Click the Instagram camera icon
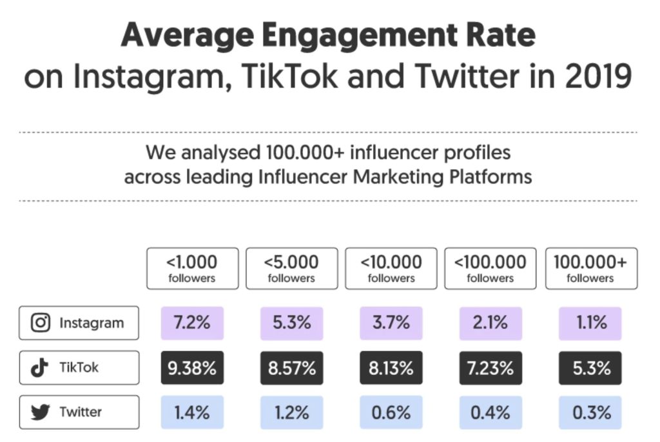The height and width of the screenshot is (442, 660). click(41, 323)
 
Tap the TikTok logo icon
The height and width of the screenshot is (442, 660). click(41, 368)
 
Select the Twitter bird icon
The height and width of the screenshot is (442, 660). click(41, 412)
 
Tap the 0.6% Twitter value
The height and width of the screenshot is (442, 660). click(391, 412)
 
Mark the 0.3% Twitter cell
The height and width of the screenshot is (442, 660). click(590, 412)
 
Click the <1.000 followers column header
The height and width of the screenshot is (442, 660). click(192, 268)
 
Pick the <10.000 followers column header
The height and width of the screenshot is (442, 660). click(391, 268)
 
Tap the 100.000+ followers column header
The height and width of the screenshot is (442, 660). click(590, 268)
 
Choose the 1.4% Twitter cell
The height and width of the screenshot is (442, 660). click(192, 412)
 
